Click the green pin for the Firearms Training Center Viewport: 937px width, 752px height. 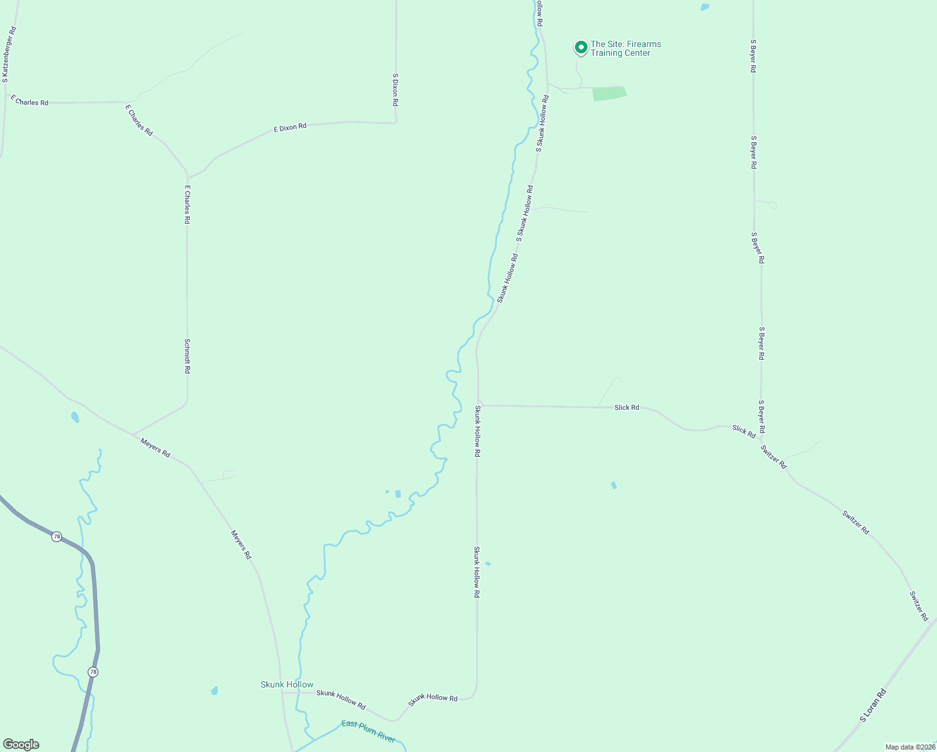(581, 47)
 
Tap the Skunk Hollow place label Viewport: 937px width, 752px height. (287, 684)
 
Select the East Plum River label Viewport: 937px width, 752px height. (368, 731)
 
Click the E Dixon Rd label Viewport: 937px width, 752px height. (290, 127)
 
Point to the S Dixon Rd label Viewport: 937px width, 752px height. (395, 89)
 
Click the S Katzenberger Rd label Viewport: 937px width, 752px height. (9, 55)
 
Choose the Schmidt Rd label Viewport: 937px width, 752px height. (187, 356)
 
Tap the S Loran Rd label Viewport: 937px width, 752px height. (872, 706)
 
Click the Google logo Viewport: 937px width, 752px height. (21, 744)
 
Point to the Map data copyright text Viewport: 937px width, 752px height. (909, 747)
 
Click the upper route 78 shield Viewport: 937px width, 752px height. (57, 536)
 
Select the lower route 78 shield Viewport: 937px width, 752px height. (93, 672)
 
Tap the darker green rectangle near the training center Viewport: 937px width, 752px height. (609, 93)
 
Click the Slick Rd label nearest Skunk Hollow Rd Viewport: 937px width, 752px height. (626, 407)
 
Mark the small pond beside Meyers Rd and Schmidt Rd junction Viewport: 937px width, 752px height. (75, 417)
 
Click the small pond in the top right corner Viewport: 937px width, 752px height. (705, 8)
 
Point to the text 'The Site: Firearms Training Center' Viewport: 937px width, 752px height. (625, 48)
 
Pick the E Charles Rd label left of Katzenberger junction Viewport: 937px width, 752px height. (29, 100)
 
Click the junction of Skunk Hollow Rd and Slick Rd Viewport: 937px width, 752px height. (479, 405)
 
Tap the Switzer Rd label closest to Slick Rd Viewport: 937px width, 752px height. (774, 457)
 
